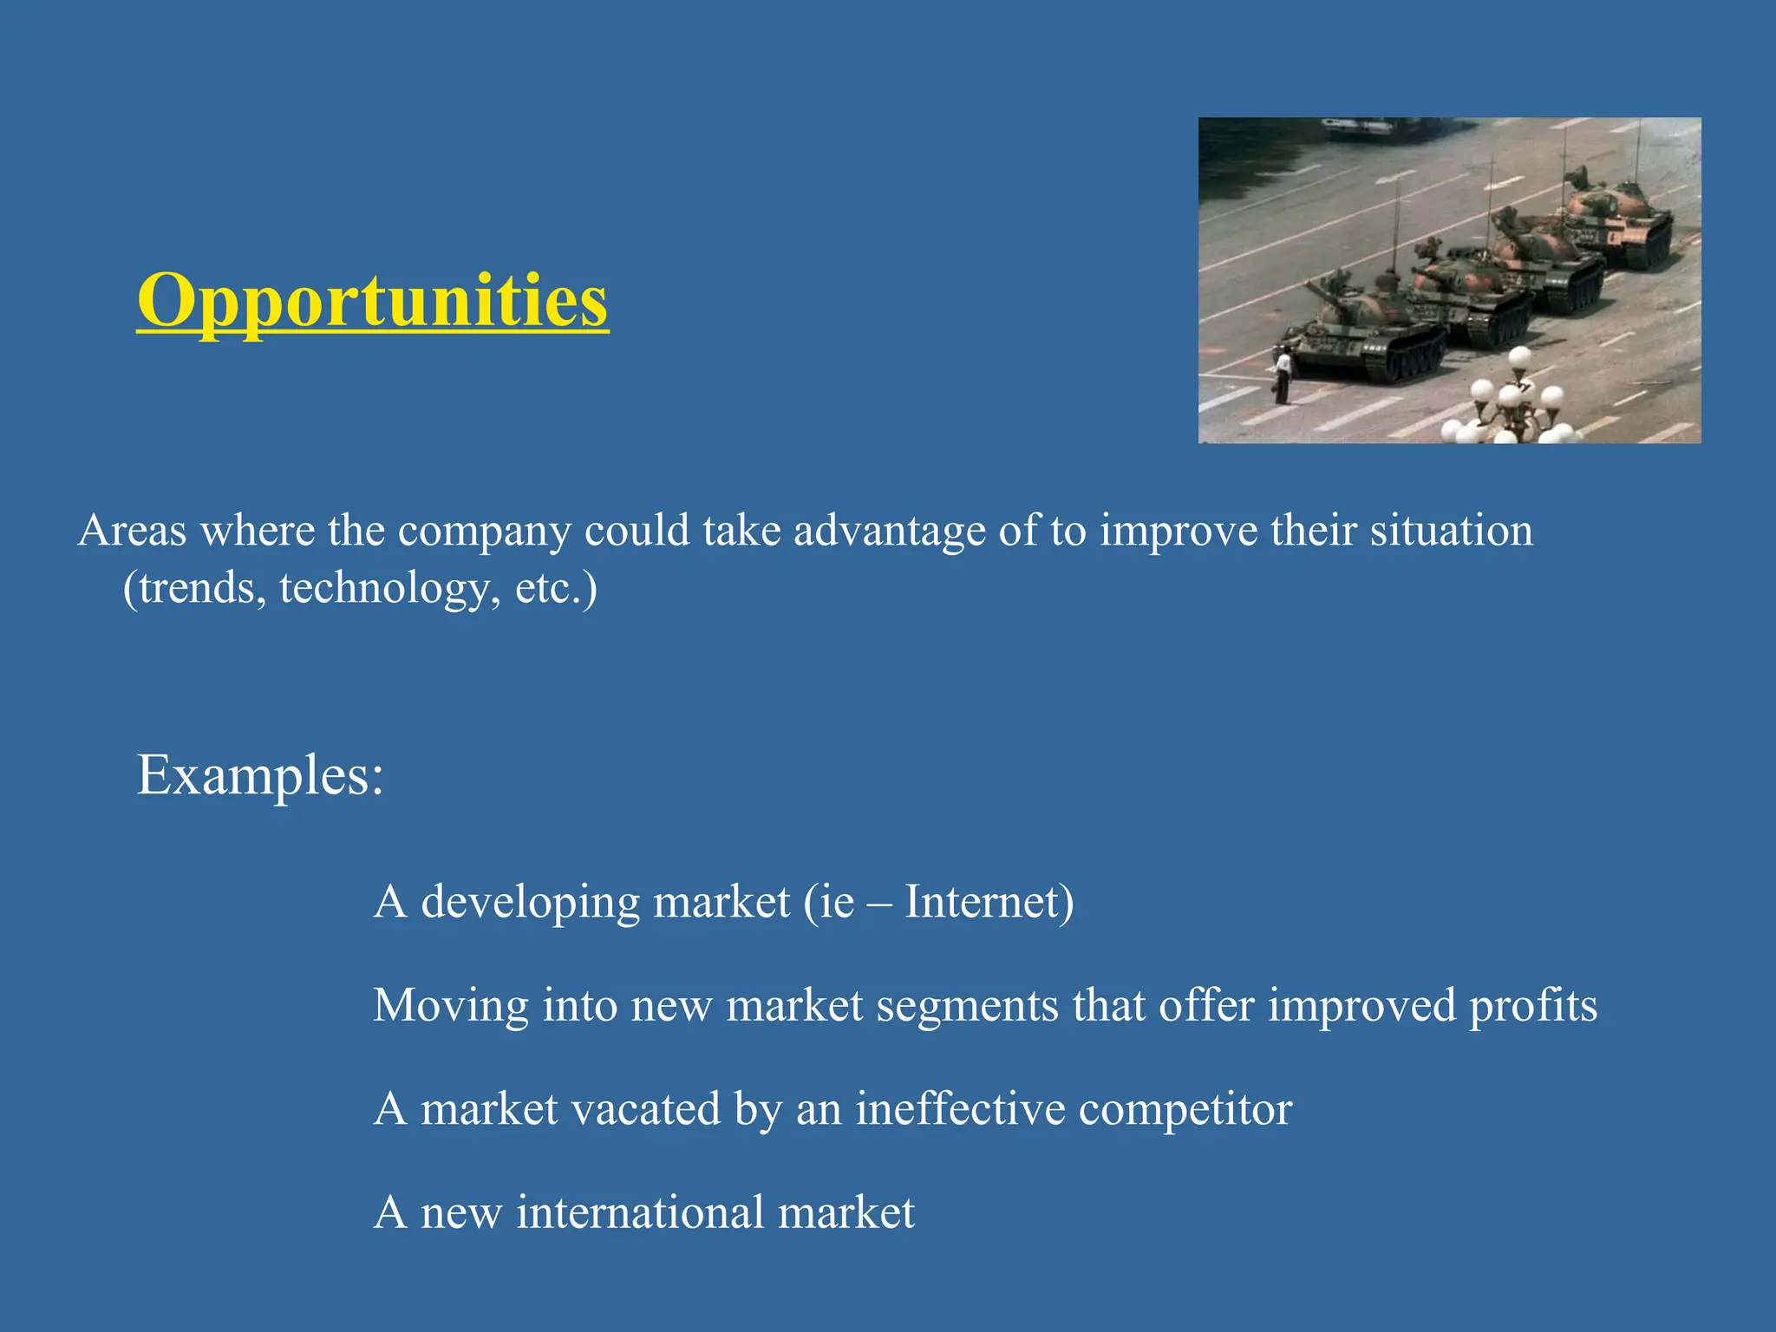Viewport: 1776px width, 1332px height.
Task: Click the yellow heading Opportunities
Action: pyautogui.click(x=373, y=300)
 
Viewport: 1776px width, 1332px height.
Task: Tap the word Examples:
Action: pyautogui.click(x=260, y=774)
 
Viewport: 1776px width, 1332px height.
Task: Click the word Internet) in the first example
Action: pyautogui.click(x=989, y=902)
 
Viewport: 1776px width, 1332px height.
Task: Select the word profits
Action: pyautogui.click(x=1532, y=1006)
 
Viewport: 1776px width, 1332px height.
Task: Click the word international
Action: pyautogui.click(x=640, y=1212)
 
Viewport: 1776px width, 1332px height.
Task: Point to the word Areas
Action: pyautogui.click(x=132, y=531)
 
